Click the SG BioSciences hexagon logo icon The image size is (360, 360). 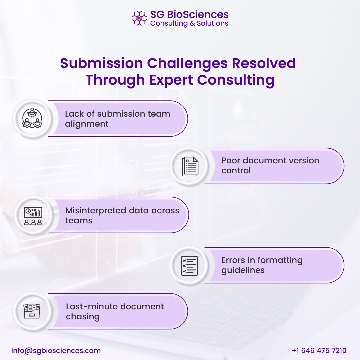click(x=139, y=18)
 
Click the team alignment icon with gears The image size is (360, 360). click(x=32, y=118)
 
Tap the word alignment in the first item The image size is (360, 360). click(x=87, y=124)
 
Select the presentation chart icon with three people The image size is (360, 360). click(x=33, y=216)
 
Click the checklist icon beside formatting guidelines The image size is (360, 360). click(x=189, y=266)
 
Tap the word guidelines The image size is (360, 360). click(x=243, y=270)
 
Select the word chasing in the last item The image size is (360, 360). click(x=83, y=316)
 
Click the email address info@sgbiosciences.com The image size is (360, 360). click(x=56, y=351)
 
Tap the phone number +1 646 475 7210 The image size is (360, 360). click(x=319, y=351)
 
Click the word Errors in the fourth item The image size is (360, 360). click(x=233, y=260)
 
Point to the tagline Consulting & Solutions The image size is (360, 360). click(x=189, y=23)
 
